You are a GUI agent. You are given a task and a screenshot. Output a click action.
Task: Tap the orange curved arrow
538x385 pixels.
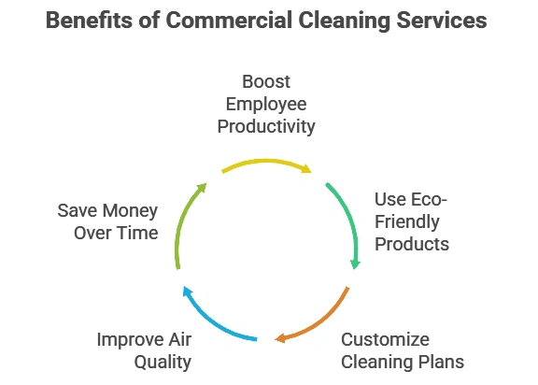point(320,322)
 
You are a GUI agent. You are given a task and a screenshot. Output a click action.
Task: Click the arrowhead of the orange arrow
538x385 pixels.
point(279,338)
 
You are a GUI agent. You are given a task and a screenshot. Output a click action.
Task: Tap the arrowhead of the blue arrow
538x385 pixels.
point(187,292)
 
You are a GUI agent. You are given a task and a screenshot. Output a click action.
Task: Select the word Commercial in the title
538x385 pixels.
point(229,20)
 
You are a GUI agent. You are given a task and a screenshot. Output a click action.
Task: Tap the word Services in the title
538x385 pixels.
point(442,20)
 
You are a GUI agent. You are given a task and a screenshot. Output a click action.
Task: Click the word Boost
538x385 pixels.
point(266,81)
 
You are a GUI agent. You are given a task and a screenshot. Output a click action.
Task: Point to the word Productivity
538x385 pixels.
point(266,126)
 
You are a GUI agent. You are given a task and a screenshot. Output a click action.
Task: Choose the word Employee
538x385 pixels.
point(266,105)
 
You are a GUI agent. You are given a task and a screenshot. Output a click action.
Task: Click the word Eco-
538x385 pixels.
point(428,200)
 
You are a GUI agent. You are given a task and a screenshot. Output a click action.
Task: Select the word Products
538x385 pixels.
point(412,244)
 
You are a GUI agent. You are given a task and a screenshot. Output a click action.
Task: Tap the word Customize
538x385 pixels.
point(385,340)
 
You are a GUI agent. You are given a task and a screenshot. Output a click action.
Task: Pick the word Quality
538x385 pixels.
point(163,363)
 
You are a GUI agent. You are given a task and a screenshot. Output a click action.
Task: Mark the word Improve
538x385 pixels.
point(130,340)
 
